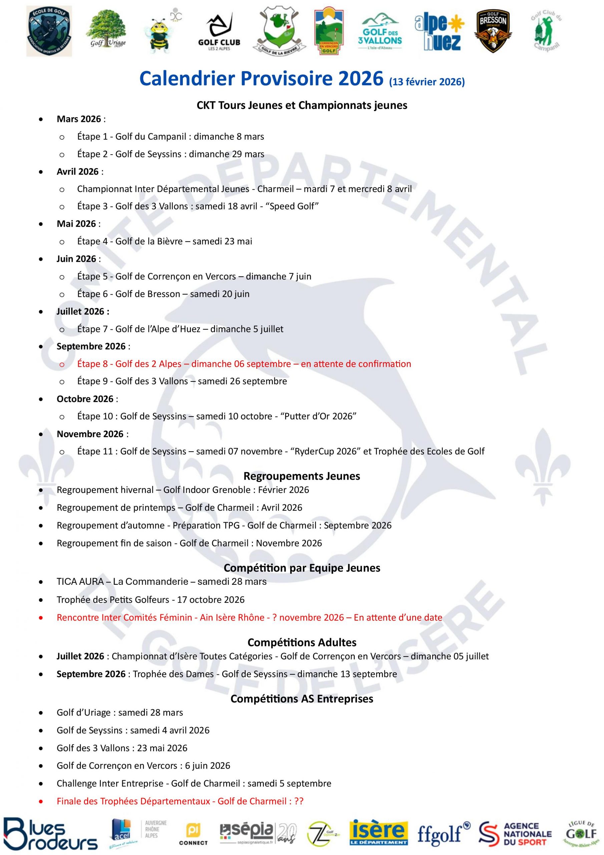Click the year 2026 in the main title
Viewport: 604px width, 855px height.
click(360, 78)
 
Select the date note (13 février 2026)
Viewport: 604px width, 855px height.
click(427, 81)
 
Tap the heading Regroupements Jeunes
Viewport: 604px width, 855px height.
click(301, 476)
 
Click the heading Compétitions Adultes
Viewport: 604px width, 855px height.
click(301, 642)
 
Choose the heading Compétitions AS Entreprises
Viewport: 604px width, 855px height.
click(301, 699)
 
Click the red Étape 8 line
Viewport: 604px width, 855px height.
click(244, 364)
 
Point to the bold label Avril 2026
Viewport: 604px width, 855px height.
click(77, 172)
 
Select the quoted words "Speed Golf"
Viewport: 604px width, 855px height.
click(291, 206)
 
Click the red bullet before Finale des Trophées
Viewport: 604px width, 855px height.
click(41, 801)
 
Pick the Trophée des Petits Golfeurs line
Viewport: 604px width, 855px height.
click(150, 600)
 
